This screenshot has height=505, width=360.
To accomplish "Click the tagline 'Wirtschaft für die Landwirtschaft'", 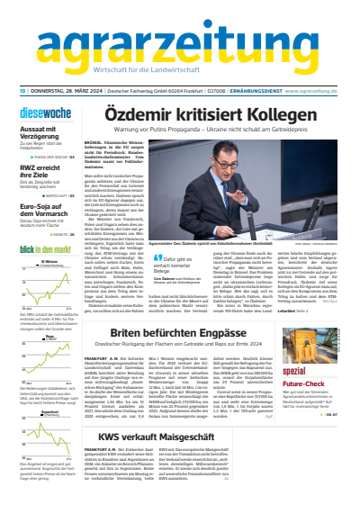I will tap(179, 70).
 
